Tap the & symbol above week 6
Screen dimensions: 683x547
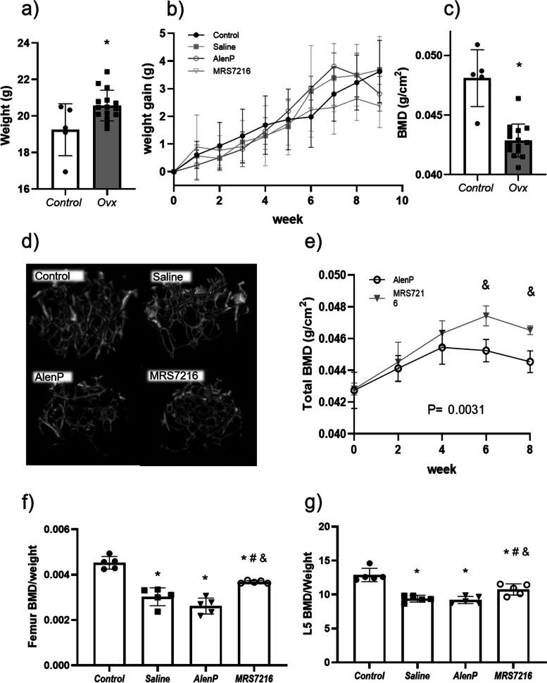485,285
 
